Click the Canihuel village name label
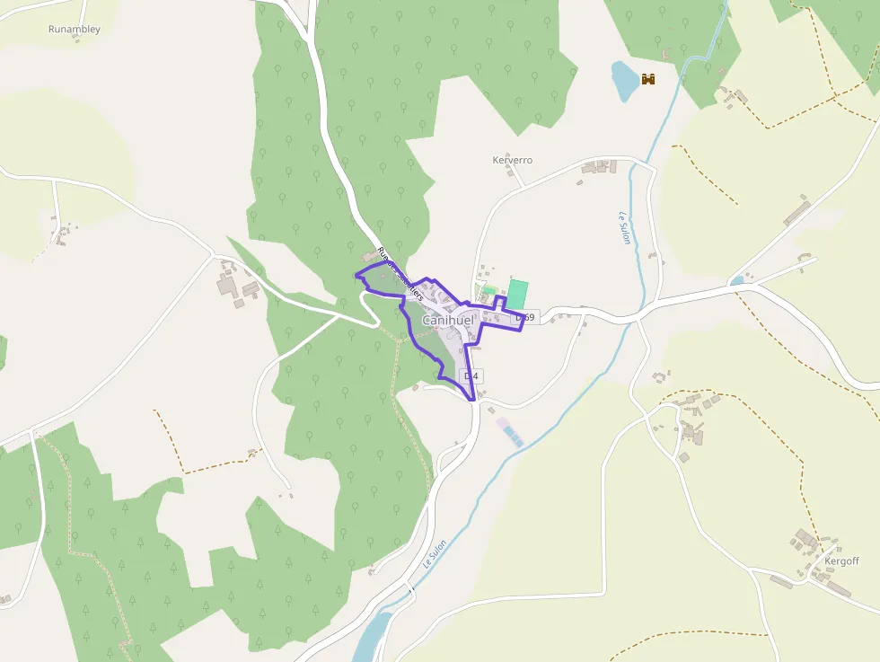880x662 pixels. point(447,320)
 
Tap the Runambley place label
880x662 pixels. point(74,29)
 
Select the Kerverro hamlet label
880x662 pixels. point(513,160)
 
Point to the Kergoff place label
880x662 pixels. point(841,561)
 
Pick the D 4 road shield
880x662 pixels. point(471,375)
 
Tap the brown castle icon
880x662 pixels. point(648,79)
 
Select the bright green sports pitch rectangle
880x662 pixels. point(517,294)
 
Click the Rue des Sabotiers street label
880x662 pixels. point(400,269)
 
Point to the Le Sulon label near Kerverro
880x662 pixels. point(625,228)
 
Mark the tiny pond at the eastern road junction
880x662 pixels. point(737,281)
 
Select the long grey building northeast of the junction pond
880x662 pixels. point(796,213)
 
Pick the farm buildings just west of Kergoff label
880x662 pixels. point(805,542)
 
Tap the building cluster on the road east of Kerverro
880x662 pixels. point(599,167)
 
